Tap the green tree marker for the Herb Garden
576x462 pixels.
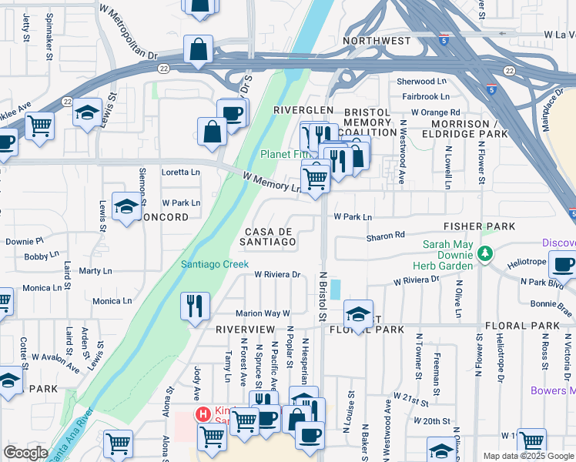(484, 253)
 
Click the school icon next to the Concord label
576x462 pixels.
(127, 206)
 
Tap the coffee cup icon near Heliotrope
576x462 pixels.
(563, 264)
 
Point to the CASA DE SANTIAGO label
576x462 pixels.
(270, 236)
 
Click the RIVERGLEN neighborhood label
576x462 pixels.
(303, 110)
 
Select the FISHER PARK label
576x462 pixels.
(478, 227)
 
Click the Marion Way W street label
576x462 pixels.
(262, 313)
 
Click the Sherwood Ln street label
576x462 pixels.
(421, 81)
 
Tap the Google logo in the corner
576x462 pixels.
(25, 453)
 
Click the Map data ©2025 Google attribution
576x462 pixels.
(528, 456)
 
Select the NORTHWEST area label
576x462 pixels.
(377, 41)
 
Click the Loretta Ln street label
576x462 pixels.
(180, 172)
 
